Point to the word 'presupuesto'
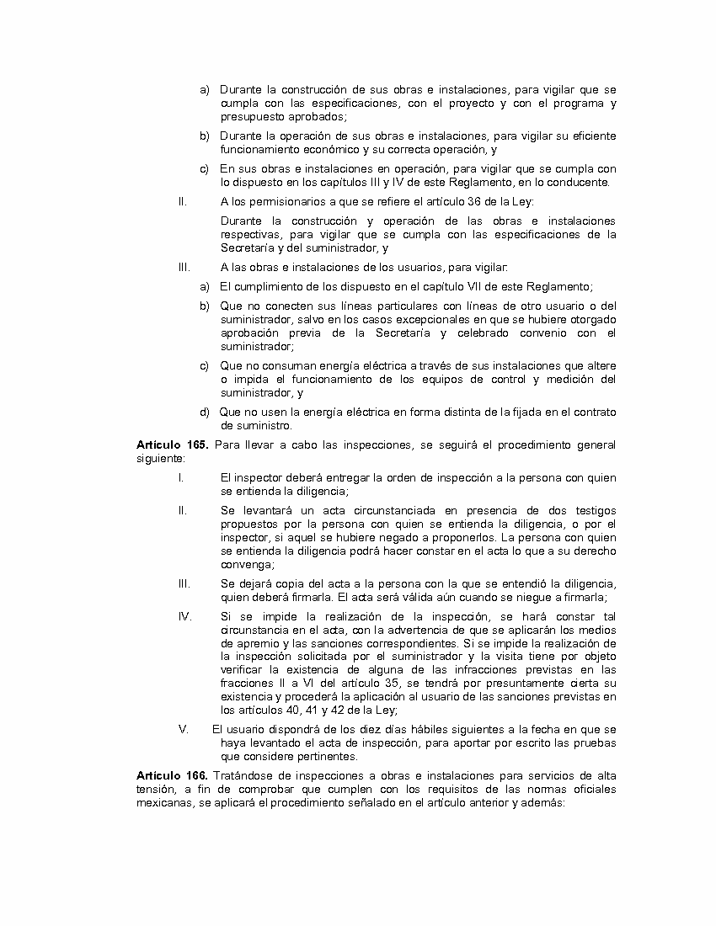(251, 116)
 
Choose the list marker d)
(205, 412)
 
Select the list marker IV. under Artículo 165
(184, 615)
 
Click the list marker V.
(184, 729)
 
